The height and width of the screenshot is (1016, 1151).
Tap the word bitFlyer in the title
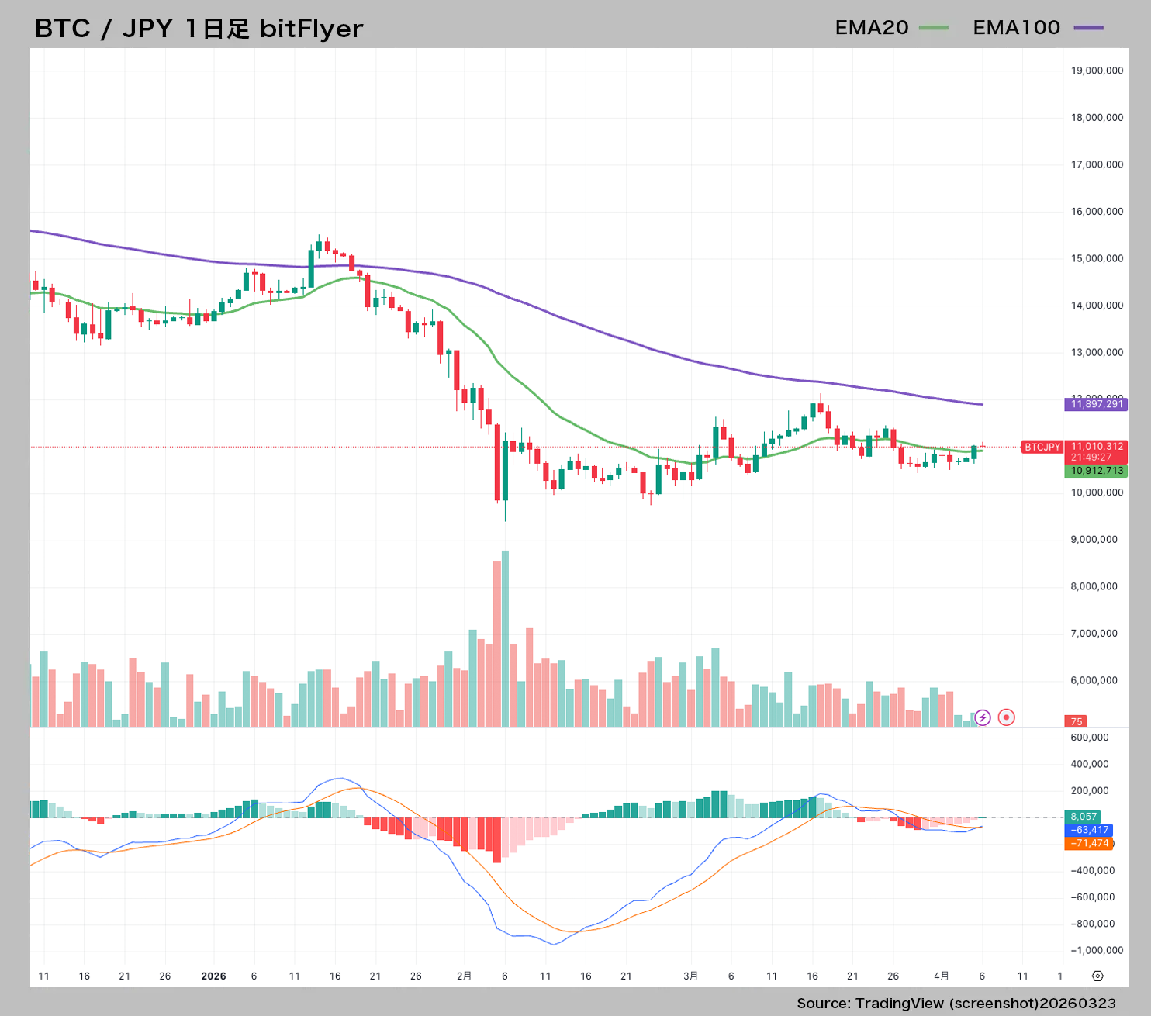click(x=311, y=29)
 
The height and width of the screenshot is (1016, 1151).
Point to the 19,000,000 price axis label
click(x=1097, y=71)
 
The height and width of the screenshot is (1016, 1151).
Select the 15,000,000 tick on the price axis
click(x=1097, y=258)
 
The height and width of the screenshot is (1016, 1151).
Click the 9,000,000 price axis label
click(x=1094, y=540)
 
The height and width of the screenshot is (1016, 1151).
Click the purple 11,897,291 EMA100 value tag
click(x=1096, y=404)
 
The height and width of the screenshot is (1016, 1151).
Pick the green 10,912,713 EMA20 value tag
click(x=1096, y=471)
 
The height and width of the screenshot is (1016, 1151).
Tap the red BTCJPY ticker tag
click(x=1042, y=448)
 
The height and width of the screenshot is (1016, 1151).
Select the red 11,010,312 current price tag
click(x=1096, y=447)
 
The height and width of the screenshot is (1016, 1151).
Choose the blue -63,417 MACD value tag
click(x=1089, y=830)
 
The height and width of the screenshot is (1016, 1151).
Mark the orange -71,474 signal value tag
click(x=1089, y=843)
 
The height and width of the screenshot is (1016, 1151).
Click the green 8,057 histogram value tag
click(x=1083, y=817)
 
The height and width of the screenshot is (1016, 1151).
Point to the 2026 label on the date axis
click(x=213, y=976)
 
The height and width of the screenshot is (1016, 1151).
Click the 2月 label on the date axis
click(x=464, y=976)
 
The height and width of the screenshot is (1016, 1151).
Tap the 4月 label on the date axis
click(x=941, y=976)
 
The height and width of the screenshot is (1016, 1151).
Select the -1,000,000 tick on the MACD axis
click(x=1097, y=951)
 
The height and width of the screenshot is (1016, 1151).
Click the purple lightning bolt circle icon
click(x=982, y=717)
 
